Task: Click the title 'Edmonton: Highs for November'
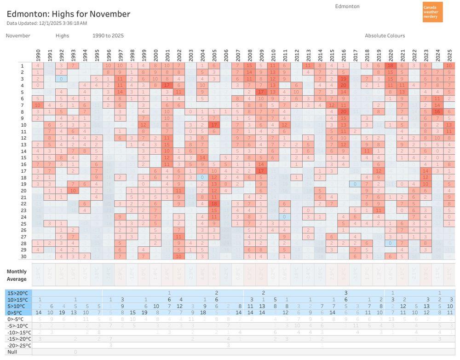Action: click(x=68, y=14)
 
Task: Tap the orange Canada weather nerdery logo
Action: click(x=432, y=12)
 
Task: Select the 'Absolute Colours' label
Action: click(x=385, y=35)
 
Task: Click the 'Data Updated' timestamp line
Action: click(x=47, y=23)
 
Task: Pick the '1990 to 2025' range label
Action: click(x=108, y=35)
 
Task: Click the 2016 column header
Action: click(x=344, y=54)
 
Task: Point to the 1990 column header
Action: click(x=38, y=54)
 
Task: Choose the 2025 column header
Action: click(x=449, y=54)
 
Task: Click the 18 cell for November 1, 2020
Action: click(x=391, y=65)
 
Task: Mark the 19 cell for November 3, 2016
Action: click(x=344, y=79)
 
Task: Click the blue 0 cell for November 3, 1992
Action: click(x=61, y=79)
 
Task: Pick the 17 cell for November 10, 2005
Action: click(x=214, y=125)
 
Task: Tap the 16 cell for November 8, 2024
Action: click(x=437, y=111)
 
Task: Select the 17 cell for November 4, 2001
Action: click(x=167, y=85)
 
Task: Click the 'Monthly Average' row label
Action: click(x=17, y=275)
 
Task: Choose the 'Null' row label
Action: click(x=12, y=352)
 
